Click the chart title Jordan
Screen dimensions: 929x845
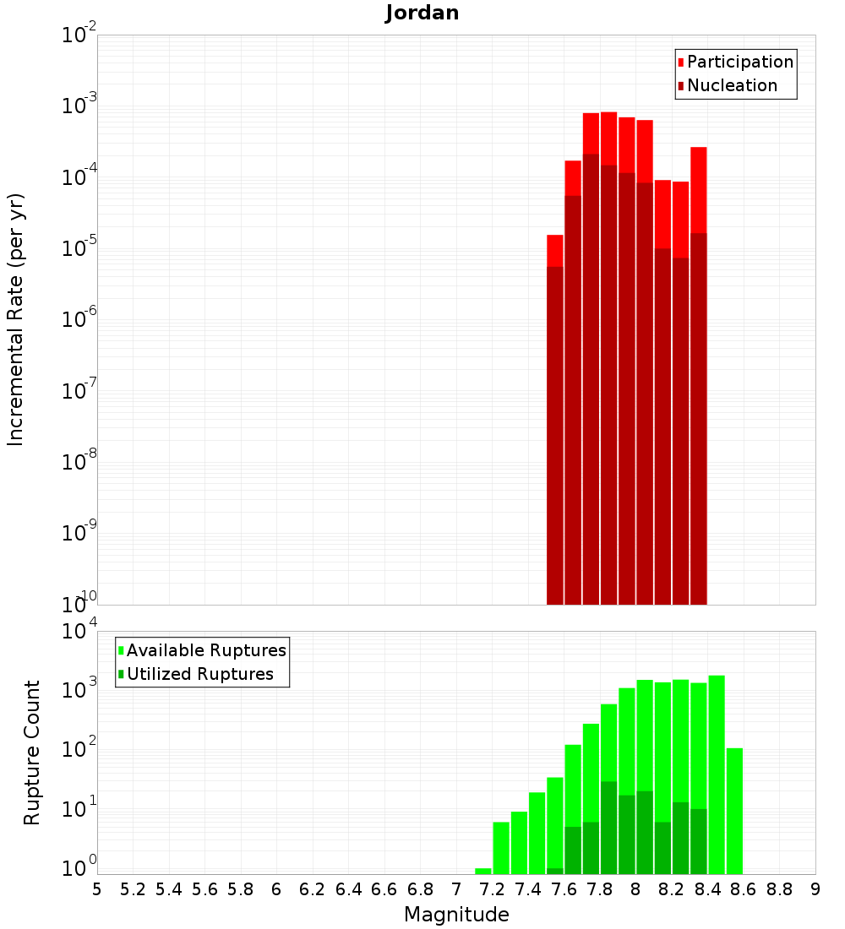(422, 14)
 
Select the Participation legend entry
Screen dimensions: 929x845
(740, 62)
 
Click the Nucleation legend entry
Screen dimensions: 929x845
(732, 85)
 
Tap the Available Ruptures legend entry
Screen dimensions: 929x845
(206, 650)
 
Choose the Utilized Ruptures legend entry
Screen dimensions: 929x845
(199, 674)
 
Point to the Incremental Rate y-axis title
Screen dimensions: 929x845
(16, 319)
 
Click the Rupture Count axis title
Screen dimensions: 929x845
(32, 752)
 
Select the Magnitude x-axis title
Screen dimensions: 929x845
(456, 914)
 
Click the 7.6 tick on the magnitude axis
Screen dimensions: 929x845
(564, 889)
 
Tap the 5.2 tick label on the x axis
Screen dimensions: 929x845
(133, 889)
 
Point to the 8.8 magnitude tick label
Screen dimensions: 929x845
(779, 889)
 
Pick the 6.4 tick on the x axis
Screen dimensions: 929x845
(348, 889)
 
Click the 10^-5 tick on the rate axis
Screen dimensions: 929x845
(79, 247)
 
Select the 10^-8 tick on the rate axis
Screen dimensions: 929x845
(79, 460)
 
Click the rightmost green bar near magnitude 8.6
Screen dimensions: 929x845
(734, 811)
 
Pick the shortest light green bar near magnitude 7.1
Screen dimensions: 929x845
(483, 871)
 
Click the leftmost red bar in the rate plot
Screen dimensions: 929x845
(554, 422)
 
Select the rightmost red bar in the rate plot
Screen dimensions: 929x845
(698, 380)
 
